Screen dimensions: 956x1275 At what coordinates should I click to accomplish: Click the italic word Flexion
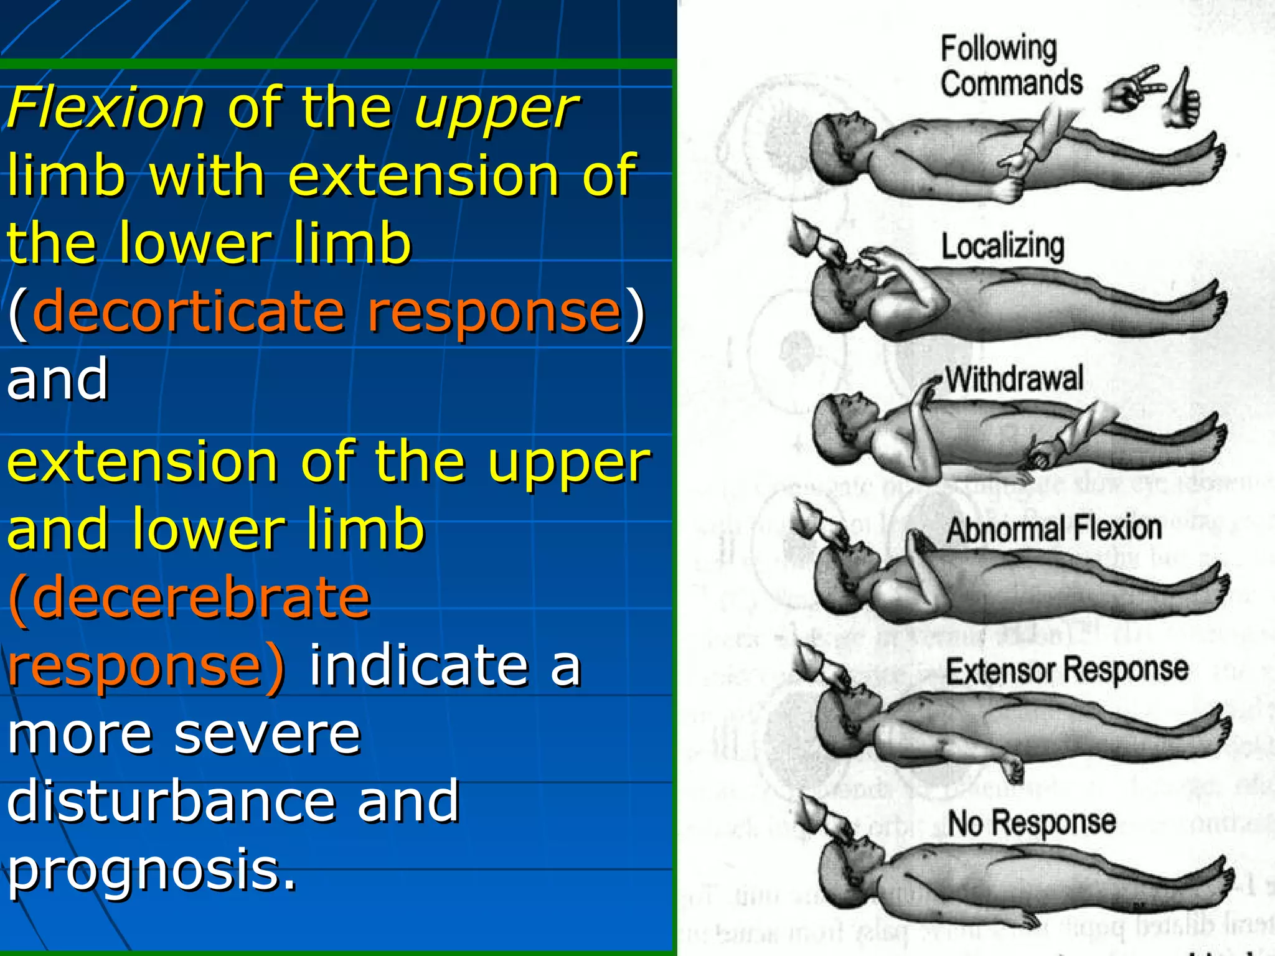[106, 108]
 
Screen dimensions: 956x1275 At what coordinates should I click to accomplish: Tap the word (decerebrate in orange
[190, 597]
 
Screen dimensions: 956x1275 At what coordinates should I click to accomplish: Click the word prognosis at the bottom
[152, 870]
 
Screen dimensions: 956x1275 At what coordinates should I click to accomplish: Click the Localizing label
[1002, 246]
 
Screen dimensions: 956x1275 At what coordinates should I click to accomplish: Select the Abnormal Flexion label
[1054, 530]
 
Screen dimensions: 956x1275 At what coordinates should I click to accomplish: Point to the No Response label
[1032, 823]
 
